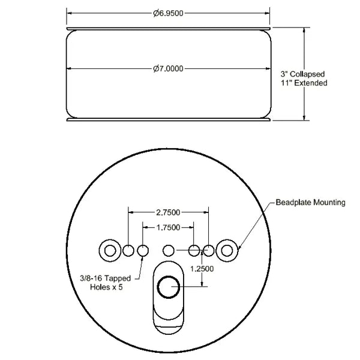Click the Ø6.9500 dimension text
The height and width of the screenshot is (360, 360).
[x=168, y=13]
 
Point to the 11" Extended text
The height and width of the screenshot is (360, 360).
[x=304, y=83]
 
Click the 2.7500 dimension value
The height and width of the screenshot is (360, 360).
[x=169, y=212]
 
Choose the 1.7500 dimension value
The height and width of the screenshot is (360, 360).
[x=168, y=228]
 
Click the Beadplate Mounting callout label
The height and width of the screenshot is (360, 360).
[x=311, y=203]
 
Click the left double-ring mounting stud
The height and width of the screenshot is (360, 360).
[x=110, y=250]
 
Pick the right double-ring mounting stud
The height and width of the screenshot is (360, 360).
[x=227, y=250]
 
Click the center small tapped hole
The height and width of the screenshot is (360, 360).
[x=169, y=250]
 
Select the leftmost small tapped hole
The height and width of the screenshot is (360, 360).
[x=128, y=250]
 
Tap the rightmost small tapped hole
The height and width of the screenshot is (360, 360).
[x=208, y=250]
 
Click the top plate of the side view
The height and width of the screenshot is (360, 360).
[x=168, y=28]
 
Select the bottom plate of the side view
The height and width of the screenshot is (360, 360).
[x=168, y=119]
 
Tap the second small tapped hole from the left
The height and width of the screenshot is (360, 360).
[x=143, y=250]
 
